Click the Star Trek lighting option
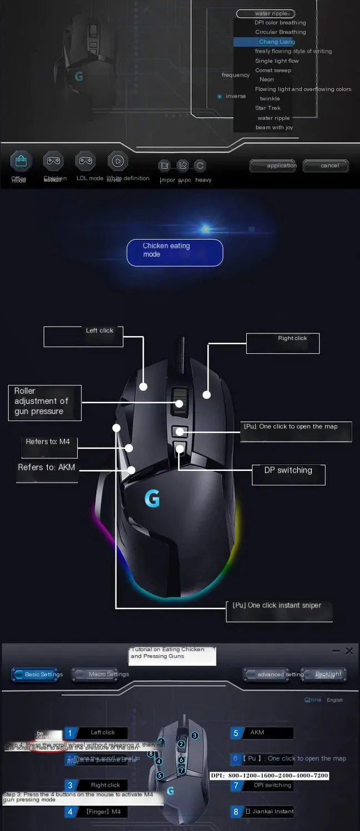tap(268, 108)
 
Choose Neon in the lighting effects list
tap(267, 79)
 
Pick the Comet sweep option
tap(273, 70)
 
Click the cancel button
tap(329, 165)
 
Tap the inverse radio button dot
tap(220, 97)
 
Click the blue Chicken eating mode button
tap(175, 252)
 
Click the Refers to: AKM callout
tap(47, 468)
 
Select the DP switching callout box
tap(288, 472)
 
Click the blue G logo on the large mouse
tap(152, 499)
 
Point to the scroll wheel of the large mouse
tap(179, 398)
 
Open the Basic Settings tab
tap(38, 675)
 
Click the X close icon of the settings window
tap(349, 651)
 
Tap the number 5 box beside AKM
tap(236, 733)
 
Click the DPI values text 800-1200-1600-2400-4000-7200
tap(270, 776)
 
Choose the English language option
tap(334, 700)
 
